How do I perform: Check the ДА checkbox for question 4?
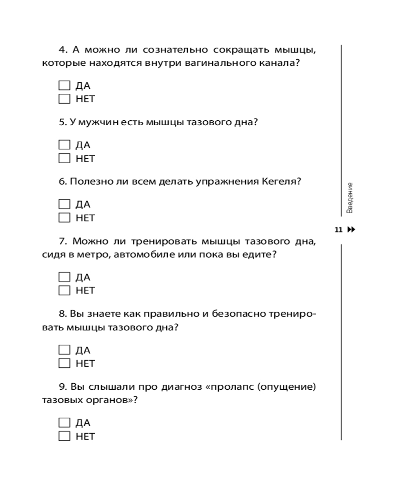pyautogui.click(x=64, y=85)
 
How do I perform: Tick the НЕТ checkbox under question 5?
pyautogui.click(x=64, y=159)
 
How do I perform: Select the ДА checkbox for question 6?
pyautogui.click(x=64, y=204)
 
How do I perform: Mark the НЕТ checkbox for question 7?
pyautogui.click(x=64, y=290)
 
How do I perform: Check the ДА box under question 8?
pyautogui.click(x=64, y=350)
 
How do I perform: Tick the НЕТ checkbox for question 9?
pyautogui.click(x=64, y=436)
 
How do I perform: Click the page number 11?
pyautogui.click(x=338, y=230)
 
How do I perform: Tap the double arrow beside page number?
pyautogui.click(x=351, y=230)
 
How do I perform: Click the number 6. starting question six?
pyautogui.click(x=63, y=181)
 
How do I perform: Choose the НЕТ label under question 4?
pyautogui.click(x=85, y=99)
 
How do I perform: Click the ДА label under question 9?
pyautogui.click(x=83, y=423)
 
